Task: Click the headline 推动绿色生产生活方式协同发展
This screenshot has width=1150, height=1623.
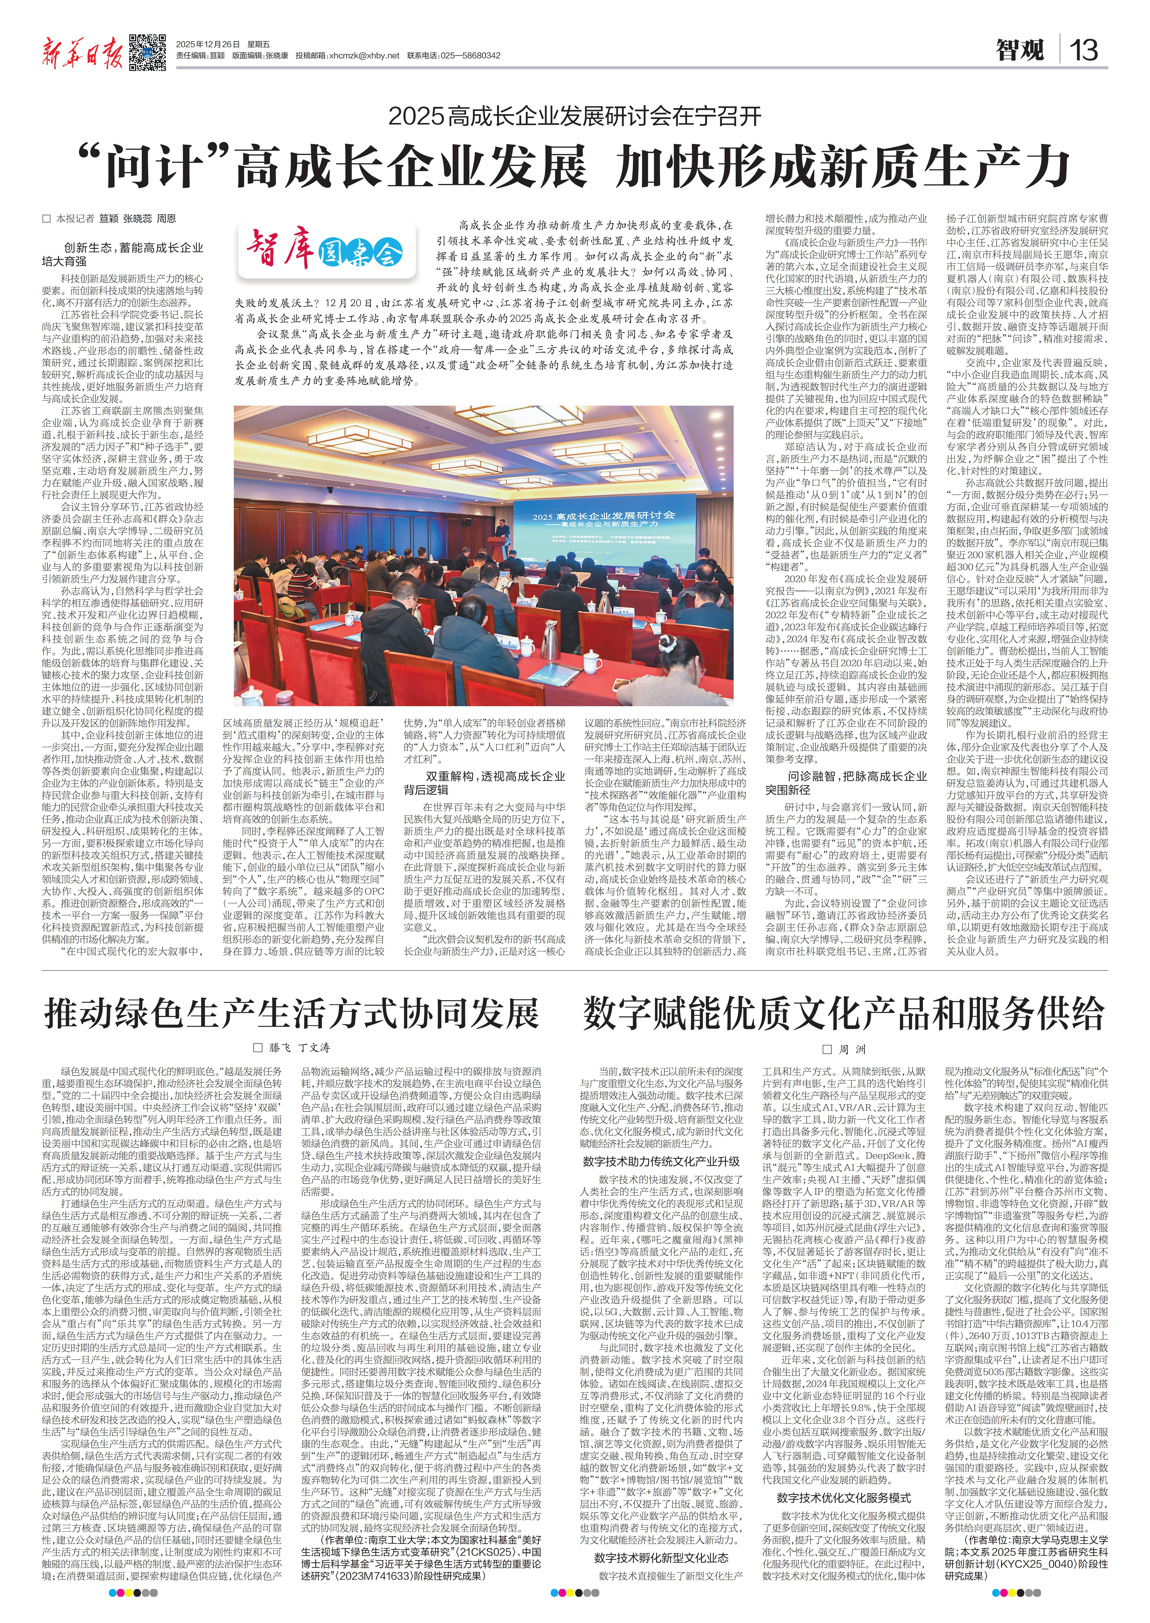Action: coord(292,1013)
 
